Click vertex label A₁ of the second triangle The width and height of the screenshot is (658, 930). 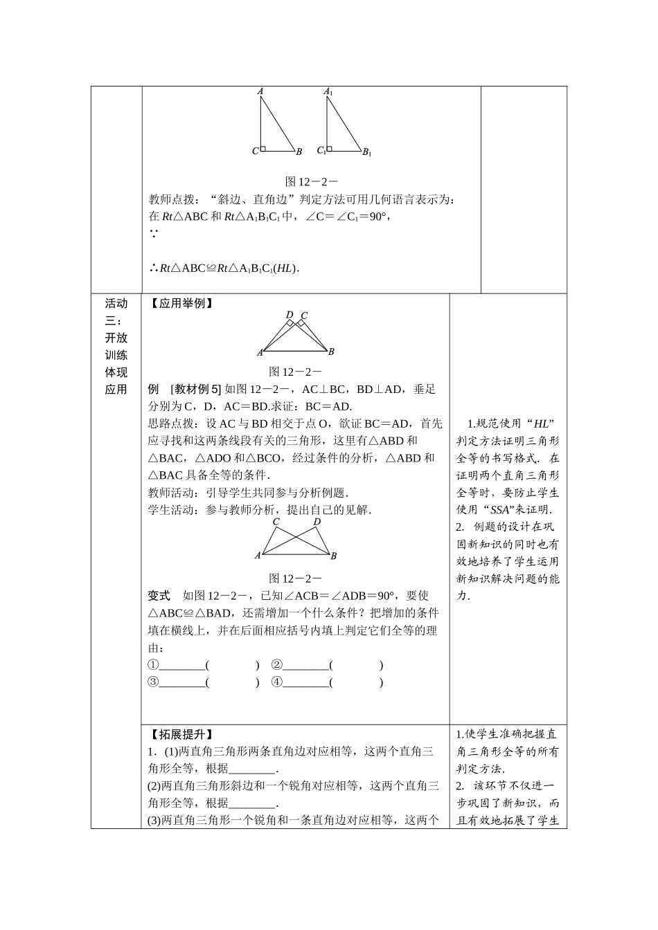pyautogui.click(x=328, y=91)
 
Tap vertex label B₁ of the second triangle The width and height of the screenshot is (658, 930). pyautogui.click(x=367, y=152)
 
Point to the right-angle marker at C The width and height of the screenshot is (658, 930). pyautogui.click(x=264, y=148)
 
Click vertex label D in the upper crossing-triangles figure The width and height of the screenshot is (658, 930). pyautogui.click(x=290, y=315)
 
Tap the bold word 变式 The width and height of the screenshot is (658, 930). pyautogui.click(x=159, y=596)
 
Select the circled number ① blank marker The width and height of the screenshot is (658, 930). pyautogui.click(x=154, y=665)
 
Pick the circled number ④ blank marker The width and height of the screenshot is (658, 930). pyautogui.click(x=277, y=682)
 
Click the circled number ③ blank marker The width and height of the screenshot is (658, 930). pyautogui.click(x=154, y=682)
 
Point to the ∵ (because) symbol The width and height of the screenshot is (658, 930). pyautogui.click(x=154, y=235)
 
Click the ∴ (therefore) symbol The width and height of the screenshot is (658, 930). pyautogui.click(x=153, y=268)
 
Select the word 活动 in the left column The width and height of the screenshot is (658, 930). pyautogui.click(x=116, y=304)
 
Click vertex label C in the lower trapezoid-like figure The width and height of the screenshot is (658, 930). pyautogui.click(x=276, y=522)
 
